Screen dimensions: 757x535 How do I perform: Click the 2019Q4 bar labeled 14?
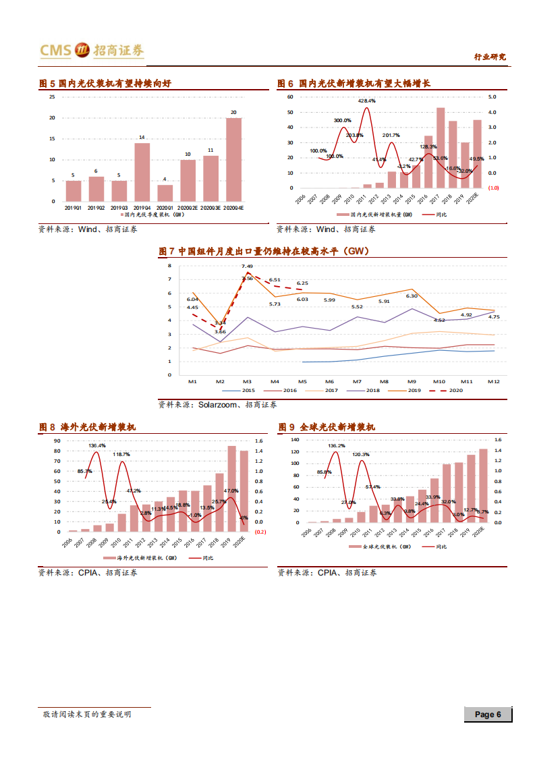coord(142,172)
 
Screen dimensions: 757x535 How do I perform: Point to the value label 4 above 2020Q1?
coord(165,179)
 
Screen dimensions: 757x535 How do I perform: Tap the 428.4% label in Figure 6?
coord(367,101)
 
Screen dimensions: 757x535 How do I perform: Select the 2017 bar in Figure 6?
coord(441,148)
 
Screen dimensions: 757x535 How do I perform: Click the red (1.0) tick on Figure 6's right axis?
coord(493,188)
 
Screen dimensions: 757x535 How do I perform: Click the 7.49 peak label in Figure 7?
coord(247,267)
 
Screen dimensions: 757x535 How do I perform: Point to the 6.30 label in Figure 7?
coord(412,296)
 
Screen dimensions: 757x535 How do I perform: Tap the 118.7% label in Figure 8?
coord(122,455)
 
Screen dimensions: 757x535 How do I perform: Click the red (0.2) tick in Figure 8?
coord(260,532)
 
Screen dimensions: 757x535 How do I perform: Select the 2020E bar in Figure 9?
coord(483,486)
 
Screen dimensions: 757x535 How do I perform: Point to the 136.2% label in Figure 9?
coord(337,446)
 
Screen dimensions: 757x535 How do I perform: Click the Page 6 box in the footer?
coord(488,714)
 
